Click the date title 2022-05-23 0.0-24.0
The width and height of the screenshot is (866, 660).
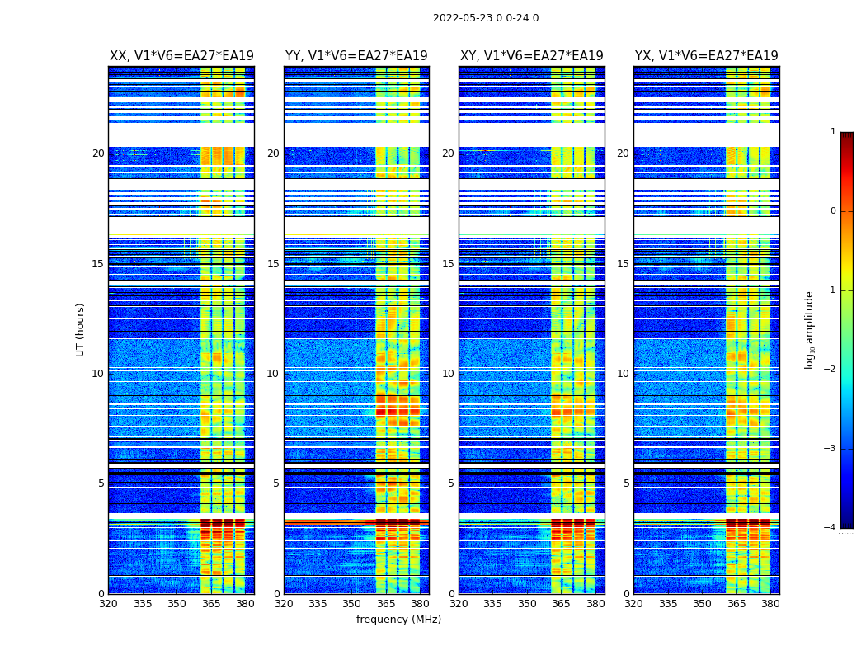(486, 18)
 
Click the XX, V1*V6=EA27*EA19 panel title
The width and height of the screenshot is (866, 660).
(181, 56)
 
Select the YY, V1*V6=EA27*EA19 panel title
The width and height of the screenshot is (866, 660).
(356, 56)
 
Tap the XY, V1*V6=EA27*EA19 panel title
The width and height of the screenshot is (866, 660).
(531, 56)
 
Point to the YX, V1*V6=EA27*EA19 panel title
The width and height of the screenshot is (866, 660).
(706, 56)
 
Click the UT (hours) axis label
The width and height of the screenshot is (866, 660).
(80, 329)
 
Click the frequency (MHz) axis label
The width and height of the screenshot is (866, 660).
(398, 620)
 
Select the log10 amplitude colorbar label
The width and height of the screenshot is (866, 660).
(810, 329)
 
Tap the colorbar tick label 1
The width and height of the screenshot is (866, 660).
(833, 132)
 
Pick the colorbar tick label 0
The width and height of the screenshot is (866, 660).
(833, 211)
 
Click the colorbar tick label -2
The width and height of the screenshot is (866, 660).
(831, 370)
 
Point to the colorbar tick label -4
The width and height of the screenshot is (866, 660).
(831, 528)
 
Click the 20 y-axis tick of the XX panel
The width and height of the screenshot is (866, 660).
(98, 153)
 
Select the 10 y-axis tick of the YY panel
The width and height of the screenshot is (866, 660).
(273, 374)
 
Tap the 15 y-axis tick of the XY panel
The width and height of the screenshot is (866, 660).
(448, 264)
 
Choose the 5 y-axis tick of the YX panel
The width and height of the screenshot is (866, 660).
(626, 483)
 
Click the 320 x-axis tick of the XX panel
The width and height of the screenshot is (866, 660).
(109, 604)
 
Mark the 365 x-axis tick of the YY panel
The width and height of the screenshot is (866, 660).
(386, 604)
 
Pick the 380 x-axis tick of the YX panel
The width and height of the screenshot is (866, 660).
(770, 604)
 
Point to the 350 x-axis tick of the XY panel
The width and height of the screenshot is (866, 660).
(527, 604)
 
